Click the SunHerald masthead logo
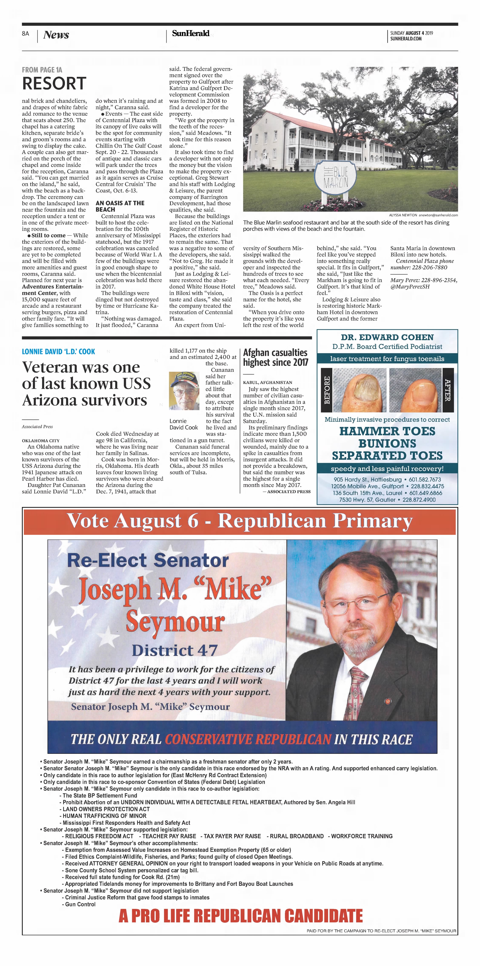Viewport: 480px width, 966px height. [x=191, y=33]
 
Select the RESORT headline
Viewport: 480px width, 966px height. [x=54, y=83]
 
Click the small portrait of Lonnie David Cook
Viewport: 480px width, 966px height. [x=184, y=391]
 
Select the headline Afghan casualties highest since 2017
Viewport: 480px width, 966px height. [x=275, y=357]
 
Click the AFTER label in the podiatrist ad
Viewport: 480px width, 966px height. [x=448, y=390]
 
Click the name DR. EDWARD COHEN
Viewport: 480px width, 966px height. [x=387, y=337]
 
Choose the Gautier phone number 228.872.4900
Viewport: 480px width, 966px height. [x=419, y=500]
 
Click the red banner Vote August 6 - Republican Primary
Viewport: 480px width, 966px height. [x=240, y=521]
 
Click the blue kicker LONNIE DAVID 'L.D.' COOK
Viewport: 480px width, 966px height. [x=59, y=351]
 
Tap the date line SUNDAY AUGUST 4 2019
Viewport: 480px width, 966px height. [x=411, y=33]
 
